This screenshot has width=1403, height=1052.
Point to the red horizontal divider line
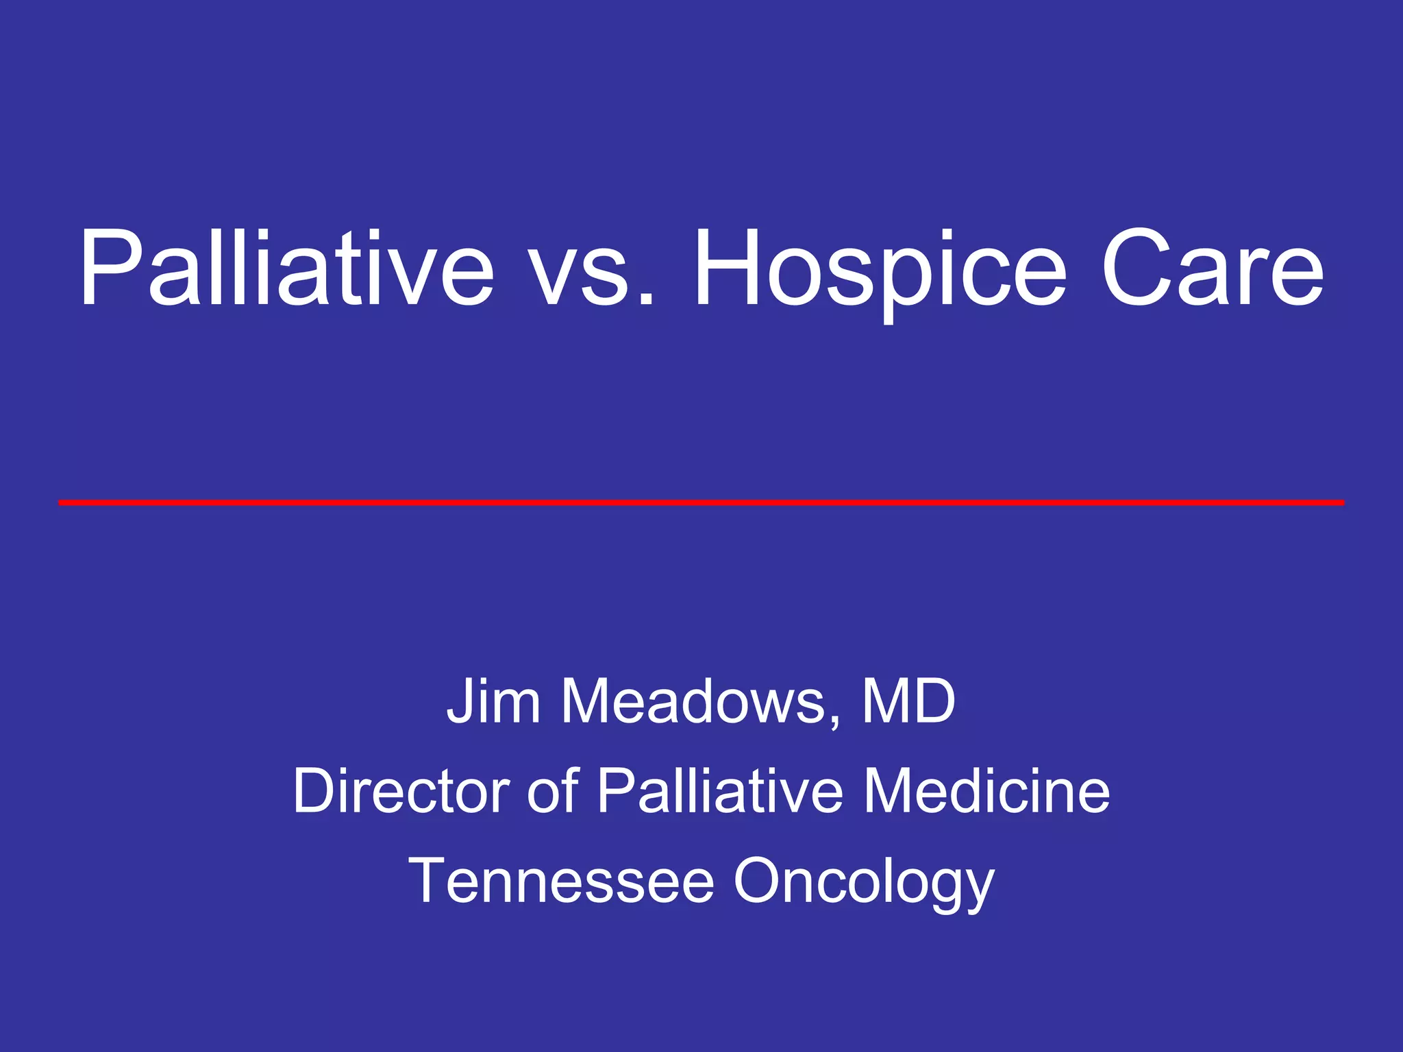(x=701, y=503)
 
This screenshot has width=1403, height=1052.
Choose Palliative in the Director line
(x=720, y=791)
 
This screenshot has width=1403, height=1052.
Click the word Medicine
(x=986, y=791)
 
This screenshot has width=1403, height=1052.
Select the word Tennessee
(x=562, y=881)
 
